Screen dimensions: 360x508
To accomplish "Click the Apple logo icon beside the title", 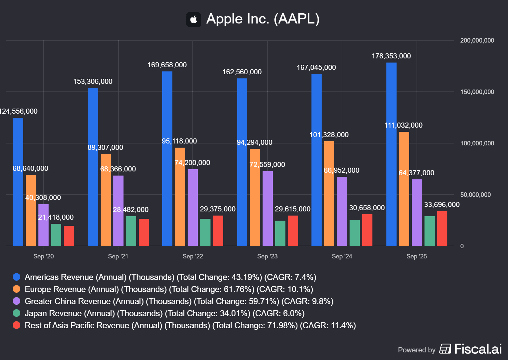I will click(194, 20).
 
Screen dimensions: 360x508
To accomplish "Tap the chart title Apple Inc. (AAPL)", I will click(263, 19).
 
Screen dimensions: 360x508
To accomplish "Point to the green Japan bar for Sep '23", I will click(280, 233).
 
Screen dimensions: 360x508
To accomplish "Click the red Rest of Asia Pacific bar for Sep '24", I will click(367, 230).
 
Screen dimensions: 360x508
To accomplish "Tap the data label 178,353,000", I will click(391, 56).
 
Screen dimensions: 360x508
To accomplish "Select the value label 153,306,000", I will click(93, 82).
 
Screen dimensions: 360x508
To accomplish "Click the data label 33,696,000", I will click(442, 205).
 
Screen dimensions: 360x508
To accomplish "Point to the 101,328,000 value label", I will click(329, 135).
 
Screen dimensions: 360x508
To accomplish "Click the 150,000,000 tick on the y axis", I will click(477, 92).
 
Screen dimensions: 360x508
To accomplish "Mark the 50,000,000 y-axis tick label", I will click(475, 195).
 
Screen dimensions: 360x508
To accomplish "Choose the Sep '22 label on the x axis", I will click(193, 257).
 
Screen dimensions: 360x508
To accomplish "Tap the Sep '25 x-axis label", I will click(417, 257).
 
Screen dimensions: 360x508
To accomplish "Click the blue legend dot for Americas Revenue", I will click(17, 277).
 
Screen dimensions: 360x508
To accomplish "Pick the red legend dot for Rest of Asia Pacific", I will click(17, 325).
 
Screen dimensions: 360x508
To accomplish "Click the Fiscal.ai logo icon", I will click(445, 349).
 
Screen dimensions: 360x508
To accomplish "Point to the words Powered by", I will click(417, 350).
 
